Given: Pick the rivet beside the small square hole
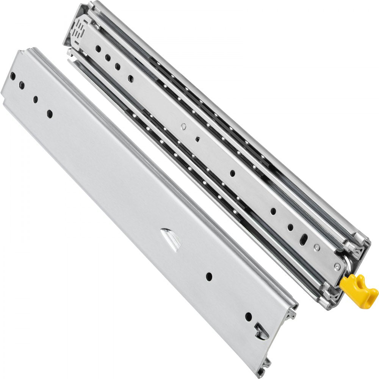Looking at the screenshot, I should pyautogui.click(x=183, y=127).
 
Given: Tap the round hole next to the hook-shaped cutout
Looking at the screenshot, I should pyautogui.click(x=248, y=316).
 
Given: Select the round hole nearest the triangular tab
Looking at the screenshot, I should pyautogui.click(x=209, y=276).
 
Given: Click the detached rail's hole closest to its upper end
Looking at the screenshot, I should pyautogui.click(x=13, y=76).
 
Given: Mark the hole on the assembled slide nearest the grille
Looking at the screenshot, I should pyautogui.click(x=98, y=49).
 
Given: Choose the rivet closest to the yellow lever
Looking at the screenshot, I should pyautogui.click(x=336, y=268).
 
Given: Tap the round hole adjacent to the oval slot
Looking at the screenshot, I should pyautogui.click(x=290, y=227).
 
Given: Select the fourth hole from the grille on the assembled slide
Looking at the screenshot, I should pyautogui.click(x=131, y=79).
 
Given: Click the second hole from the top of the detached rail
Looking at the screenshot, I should pyautogui.click(x=22, y=85).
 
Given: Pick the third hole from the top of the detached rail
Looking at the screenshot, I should pyautogui.click(x=36, y=99).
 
